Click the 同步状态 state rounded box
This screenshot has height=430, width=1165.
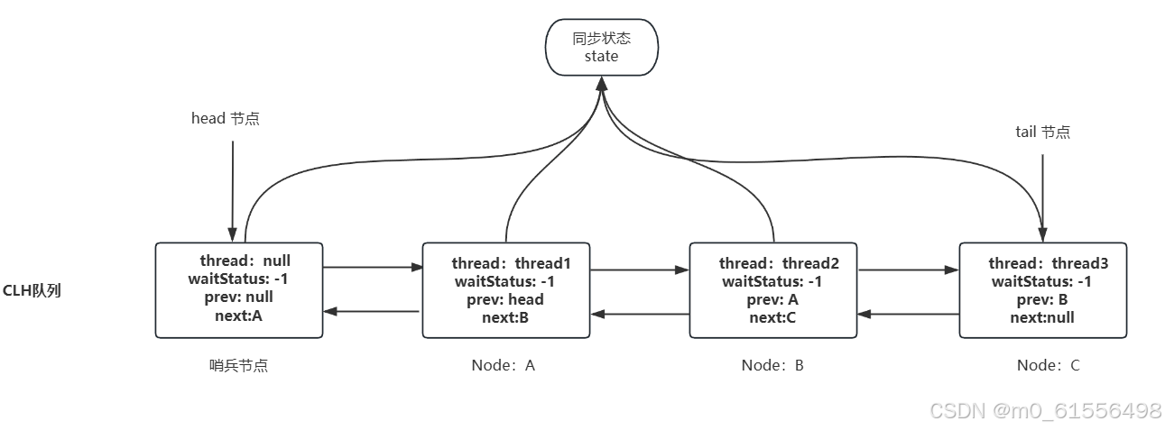601,47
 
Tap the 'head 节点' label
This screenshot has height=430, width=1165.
225,118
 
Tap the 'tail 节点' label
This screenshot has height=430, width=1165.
1042,132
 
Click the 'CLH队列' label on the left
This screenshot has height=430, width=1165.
32,290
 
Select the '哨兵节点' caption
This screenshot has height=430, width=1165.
238,365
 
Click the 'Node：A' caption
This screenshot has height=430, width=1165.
504,365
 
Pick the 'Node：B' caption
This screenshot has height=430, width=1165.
772,365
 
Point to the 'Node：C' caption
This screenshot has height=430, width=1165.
1048,365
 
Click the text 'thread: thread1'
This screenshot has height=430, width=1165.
511,263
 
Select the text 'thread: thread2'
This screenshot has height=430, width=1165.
779,263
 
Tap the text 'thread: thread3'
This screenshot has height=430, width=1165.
1048,263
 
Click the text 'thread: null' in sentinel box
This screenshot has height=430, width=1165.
245,261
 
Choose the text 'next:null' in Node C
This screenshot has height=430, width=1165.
1042,317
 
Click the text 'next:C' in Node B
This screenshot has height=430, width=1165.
772,317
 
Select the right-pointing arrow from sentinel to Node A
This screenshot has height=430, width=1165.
373,267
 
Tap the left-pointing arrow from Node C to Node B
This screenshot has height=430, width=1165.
908,314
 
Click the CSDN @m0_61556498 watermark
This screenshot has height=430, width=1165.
1045,411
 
